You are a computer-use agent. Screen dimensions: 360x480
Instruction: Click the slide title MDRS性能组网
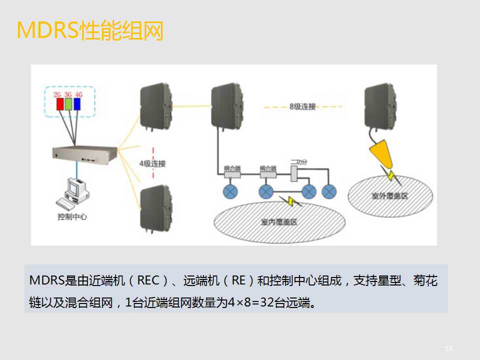pyautogui.click(x=90, y=31)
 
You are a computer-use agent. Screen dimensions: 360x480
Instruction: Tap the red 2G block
pyautogui.click(x=59, y=103)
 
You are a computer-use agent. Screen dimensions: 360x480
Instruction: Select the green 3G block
pyautogui.click(x=68, y=103)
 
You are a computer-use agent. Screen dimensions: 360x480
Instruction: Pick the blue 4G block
pyautogui.click(x=77, y=103)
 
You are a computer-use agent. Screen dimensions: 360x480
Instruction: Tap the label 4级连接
pyautogui.click(x=152, y=163)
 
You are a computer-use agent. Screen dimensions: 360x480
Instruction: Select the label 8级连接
pyautogui.click(x=302, y=106)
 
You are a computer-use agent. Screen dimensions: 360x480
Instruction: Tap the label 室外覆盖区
pyautogui.click(x=389, y=195)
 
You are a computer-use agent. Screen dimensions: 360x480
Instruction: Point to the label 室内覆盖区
pyautogui.click(x=279, y=221)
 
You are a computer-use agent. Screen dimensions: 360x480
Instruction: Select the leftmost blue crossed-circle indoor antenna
pyautogui.click(x=230, y=191)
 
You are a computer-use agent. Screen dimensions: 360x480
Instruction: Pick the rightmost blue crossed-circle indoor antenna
pyautogui.click(x=329, y=191)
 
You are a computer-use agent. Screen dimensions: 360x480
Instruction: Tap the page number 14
pyautogui.click(x=448, y=348)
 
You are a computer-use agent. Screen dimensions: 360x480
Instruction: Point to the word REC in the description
pyautogui.click(x=150, y=281)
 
